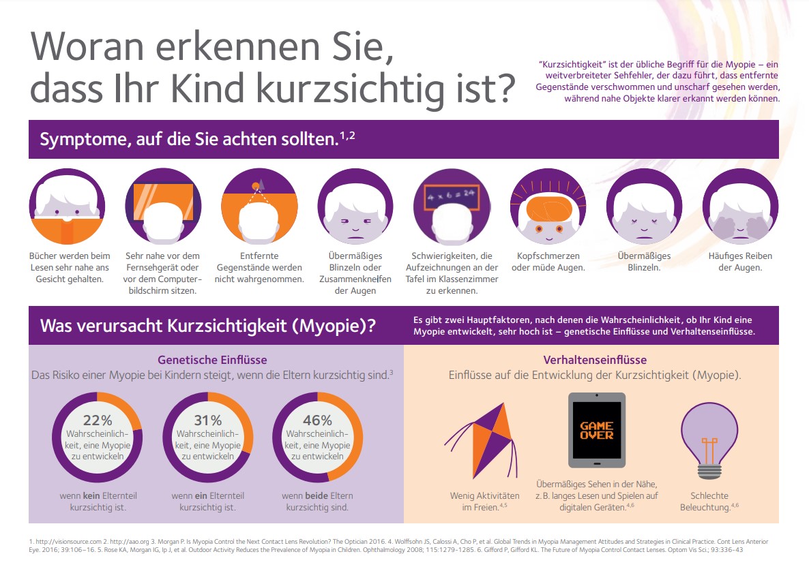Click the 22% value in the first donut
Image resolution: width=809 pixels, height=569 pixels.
[97, 420]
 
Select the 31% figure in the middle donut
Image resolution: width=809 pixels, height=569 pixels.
[207, 420]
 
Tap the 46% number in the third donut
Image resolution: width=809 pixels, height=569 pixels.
[317, 420]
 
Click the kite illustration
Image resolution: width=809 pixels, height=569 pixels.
[480, 439]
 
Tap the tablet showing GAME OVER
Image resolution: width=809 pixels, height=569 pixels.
[596, 430]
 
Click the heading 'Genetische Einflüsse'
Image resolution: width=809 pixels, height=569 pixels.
[212, 360]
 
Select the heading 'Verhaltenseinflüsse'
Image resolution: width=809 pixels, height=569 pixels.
[595, 360]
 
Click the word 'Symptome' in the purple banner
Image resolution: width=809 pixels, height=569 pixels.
[74, 140]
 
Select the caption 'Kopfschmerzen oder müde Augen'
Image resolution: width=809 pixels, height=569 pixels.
[548, 262]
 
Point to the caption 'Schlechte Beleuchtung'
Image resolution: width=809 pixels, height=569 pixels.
[709, 502]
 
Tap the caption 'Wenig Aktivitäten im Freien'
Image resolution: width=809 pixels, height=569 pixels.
[484, 502]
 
